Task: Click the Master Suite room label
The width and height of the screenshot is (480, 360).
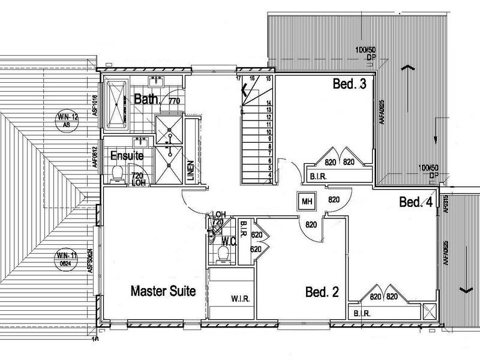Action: pos(163,292)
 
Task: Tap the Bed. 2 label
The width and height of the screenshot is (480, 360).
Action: pos(322,293)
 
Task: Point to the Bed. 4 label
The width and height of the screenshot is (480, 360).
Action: pos(416,203)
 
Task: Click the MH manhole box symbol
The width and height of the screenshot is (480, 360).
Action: pos(307,201)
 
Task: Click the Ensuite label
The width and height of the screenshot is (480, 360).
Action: pos(126,155)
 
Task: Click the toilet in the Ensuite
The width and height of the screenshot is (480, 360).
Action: pos(118,174)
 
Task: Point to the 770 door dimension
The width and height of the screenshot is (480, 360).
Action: pos(174,102)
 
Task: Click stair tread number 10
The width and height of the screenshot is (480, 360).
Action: pos(270,131)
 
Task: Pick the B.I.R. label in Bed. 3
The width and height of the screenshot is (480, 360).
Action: pos(317,176)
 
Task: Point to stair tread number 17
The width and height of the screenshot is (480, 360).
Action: pos(238,79)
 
